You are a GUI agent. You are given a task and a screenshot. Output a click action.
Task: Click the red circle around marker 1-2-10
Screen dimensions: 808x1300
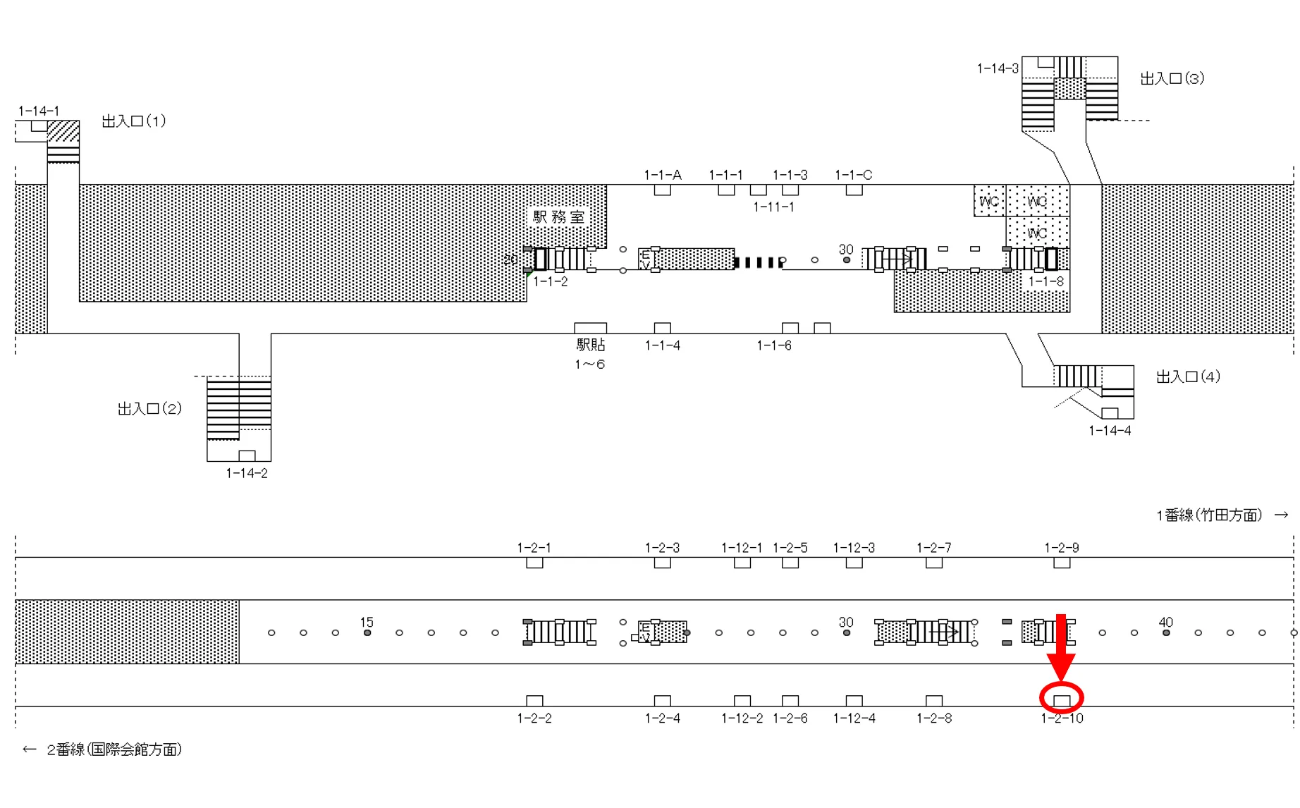point(1061,697)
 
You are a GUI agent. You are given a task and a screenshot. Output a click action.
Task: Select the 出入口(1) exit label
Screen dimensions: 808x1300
point(134,121)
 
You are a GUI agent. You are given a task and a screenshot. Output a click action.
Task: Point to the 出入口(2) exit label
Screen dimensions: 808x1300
point(149,409)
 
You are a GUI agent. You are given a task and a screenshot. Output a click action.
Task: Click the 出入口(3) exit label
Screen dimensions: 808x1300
point(1172,78)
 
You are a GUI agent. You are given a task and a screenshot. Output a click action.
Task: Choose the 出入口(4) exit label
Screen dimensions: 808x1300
point(1188,377)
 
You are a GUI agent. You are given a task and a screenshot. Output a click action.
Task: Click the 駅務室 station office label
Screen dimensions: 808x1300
point(559,217)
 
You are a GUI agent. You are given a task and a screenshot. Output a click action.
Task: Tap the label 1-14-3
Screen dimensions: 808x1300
point(997,68)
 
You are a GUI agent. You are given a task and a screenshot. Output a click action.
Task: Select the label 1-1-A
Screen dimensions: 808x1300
point(662,175)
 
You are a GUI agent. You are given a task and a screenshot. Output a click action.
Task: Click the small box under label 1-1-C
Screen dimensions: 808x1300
point(854,190)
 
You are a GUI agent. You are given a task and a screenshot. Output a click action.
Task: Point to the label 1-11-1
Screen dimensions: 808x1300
point(773,207)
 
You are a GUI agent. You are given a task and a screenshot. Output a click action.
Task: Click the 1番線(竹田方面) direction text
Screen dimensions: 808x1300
point(1208,515)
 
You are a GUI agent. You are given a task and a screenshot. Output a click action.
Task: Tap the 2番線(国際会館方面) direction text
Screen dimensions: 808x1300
point(114,749)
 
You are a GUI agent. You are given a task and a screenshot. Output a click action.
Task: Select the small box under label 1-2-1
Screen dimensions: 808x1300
point(534,563)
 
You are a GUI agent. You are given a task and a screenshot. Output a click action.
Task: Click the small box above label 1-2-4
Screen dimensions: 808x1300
point(662,701)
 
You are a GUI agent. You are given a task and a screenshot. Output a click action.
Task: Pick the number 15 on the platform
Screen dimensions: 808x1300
point(367,622)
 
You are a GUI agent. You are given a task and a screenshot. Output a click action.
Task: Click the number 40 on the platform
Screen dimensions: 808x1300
point(1165,622)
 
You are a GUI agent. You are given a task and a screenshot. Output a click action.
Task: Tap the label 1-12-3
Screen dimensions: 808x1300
point(854,548)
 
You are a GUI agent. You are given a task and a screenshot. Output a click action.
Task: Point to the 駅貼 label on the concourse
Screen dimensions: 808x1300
point(591,345)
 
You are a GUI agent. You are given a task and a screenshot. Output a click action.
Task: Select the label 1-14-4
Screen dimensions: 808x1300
point(1110,431)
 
